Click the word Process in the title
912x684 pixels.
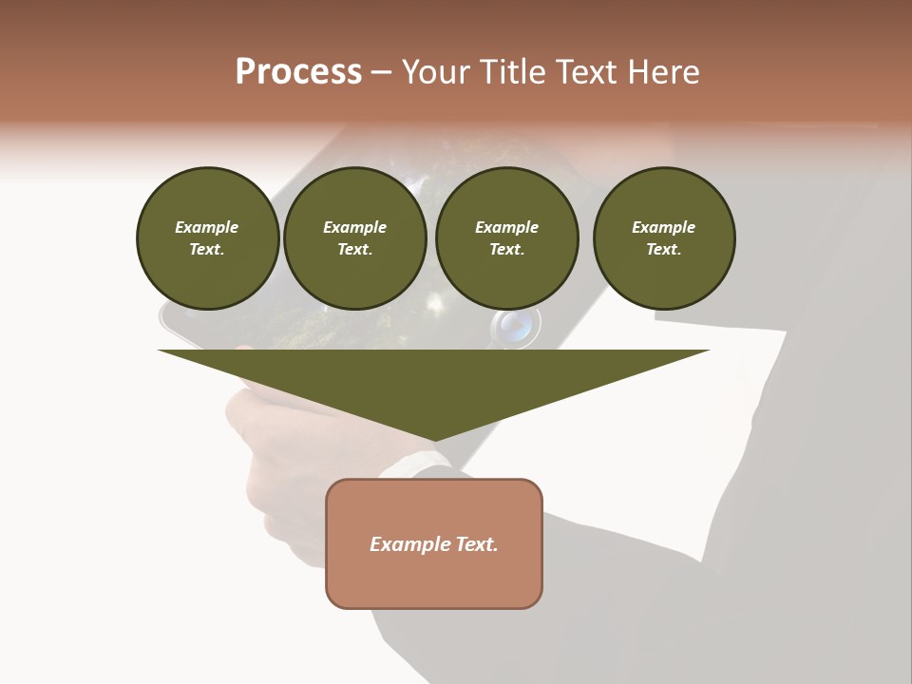tap(298, 72)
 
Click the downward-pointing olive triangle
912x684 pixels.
tap(433, 380)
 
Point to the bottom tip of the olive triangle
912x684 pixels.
tap(434, 440)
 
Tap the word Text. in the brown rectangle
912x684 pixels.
tap(475, 544)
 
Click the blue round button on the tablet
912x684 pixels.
tap(516, 326)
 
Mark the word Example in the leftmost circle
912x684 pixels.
tap(207, 227)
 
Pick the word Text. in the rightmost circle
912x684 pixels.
tap(664, 249)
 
